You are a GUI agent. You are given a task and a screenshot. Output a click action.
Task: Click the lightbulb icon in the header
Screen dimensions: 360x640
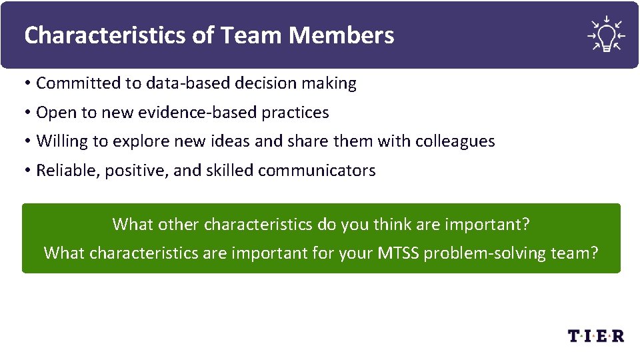click(606, 33)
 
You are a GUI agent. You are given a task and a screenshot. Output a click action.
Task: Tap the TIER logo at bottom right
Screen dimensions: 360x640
click(596, 335)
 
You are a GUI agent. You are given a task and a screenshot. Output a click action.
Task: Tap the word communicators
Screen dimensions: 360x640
click(317, 171)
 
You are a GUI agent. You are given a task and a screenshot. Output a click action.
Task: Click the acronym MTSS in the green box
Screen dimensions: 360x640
click(398, 253)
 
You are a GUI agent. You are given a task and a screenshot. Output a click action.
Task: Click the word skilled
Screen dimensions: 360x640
click(230, 171)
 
